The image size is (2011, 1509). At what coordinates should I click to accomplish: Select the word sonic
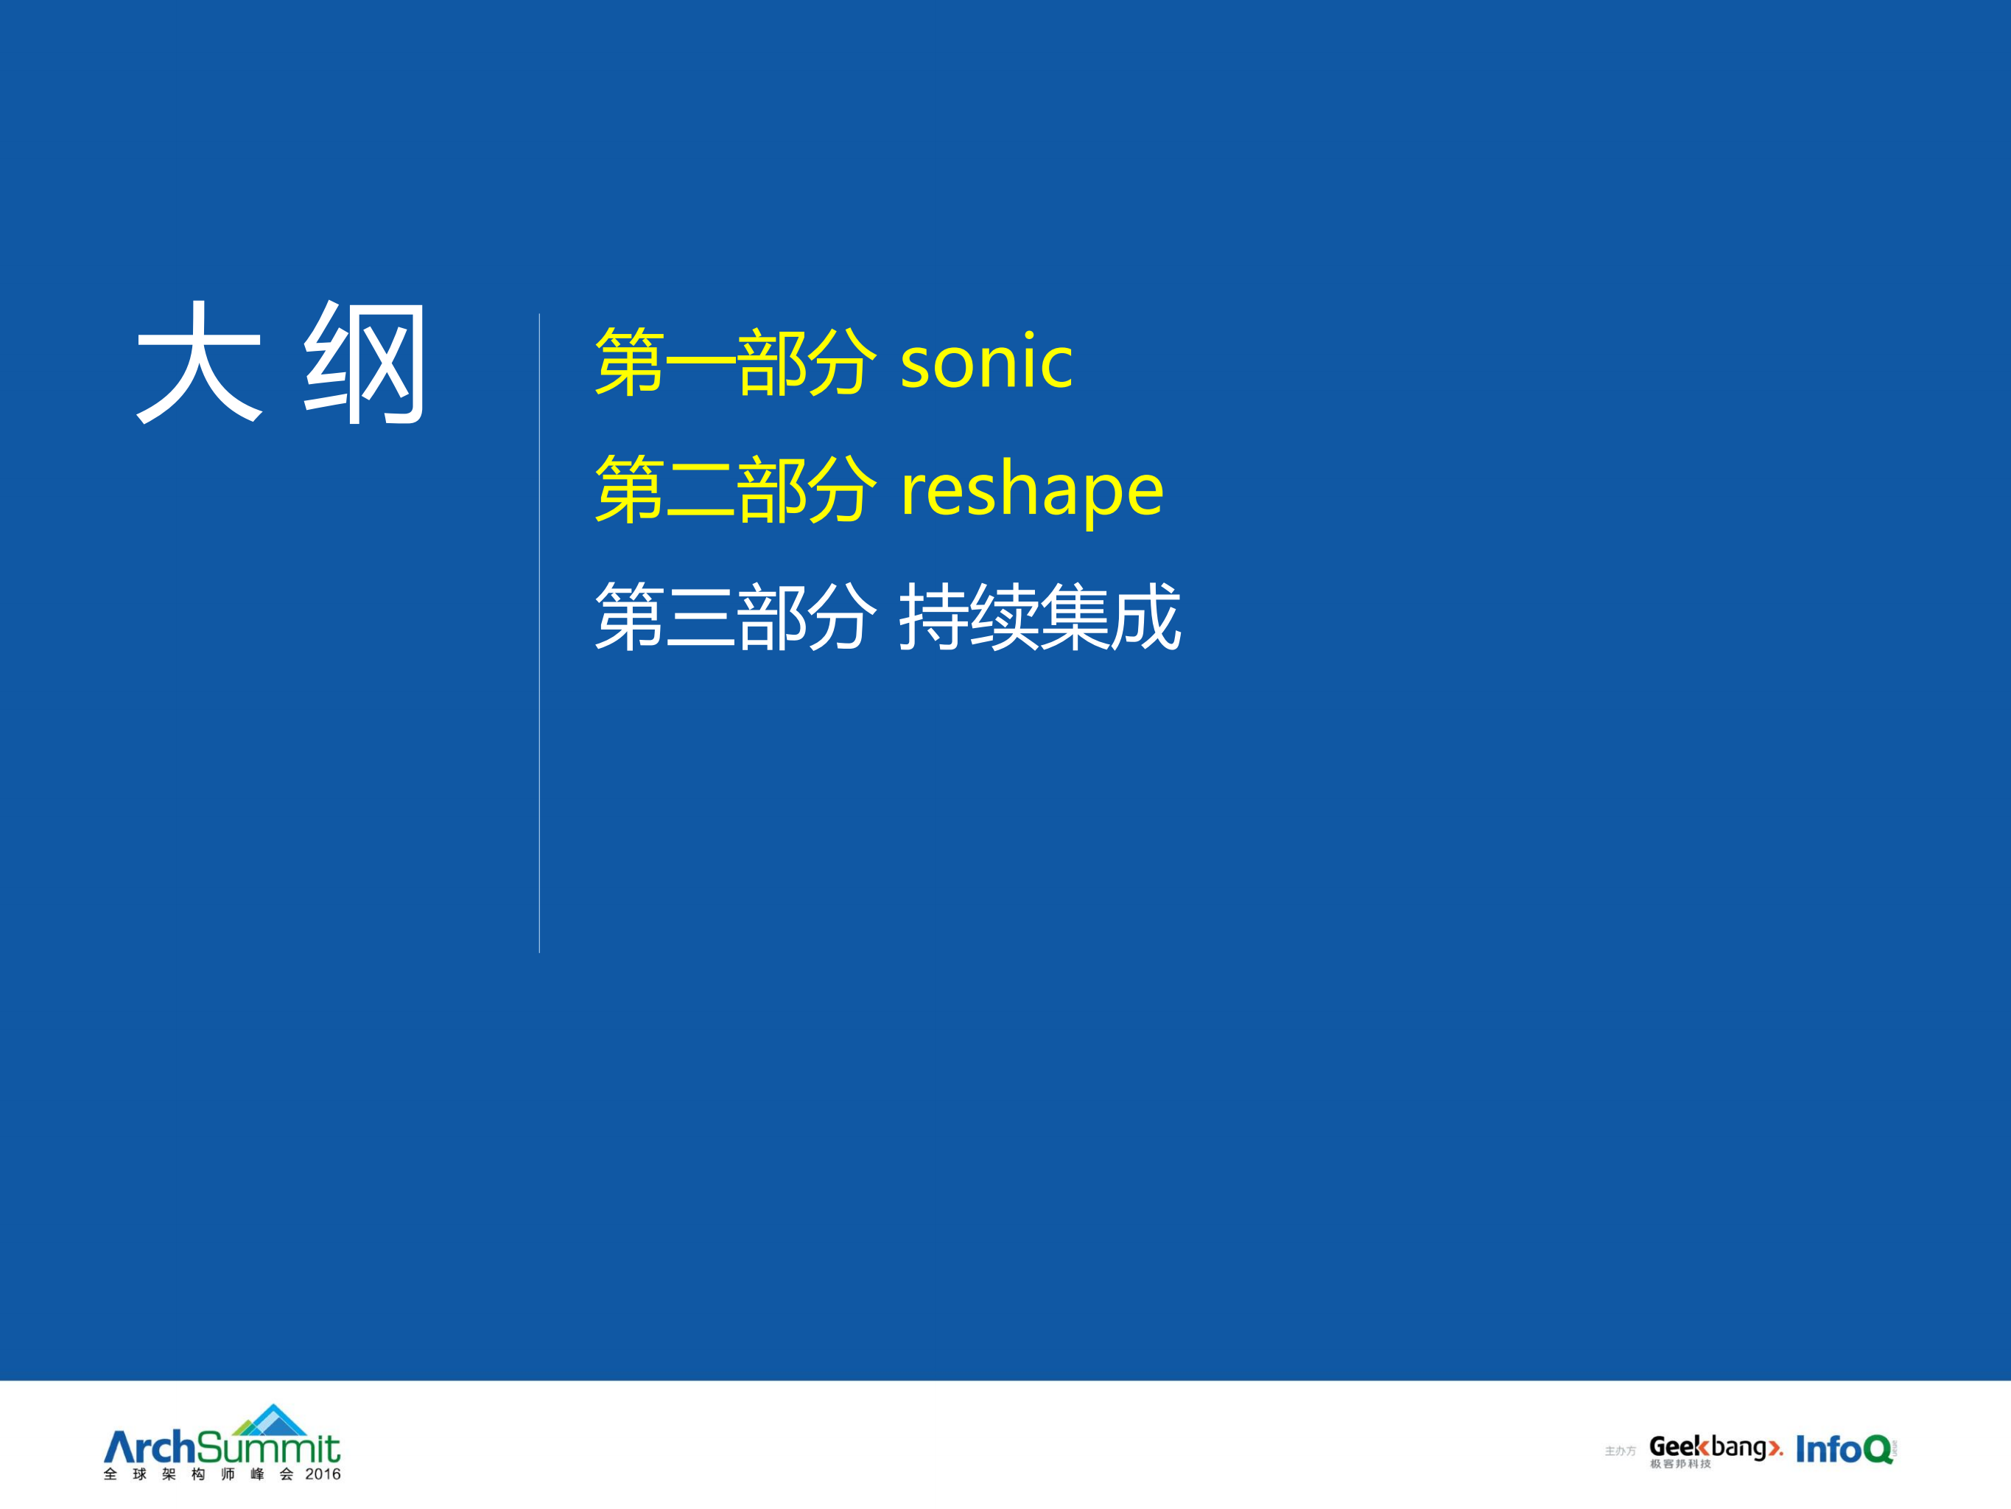986,362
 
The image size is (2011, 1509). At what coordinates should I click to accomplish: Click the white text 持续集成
1039,618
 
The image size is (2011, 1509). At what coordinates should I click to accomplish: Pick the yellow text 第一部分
735,362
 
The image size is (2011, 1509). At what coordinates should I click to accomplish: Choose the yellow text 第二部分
735,490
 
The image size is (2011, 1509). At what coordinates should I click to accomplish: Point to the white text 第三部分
735,618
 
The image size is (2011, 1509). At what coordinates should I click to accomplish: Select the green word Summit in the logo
268,1447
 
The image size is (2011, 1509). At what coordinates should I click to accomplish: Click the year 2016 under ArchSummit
322,1474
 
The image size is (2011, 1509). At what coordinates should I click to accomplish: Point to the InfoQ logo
1844,1449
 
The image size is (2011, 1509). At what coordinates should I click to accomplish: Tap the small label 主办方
1619,1451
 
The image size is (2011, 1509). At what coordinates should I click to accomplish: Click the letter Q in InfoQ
1878,1449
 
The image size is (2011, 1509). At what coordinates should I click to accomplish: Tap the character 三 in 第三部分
700,618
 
